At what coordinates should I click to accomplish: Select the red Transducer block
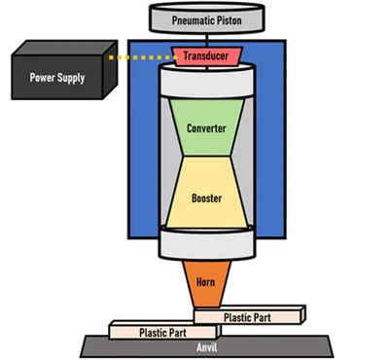pyautogui.click(x=206, y=56)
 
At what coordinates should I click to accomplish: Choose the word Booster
pyautogui.click(x=206, y=198)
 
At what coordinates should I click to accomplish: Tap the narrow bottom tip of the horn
pyautogui.click(x=206, y=304)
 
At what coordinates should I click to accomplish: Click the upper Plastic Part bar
pyautogui.click(x=250, y=316)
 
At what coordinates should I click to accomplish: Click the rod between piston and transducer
pyautogui.click(x=206, y=38)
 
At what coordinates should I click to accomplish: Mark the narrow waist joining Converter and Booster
pyautogui.click(x=206, y=161)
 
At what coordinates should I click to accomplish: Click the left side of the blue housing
pyautogui.click(x=140, y=146)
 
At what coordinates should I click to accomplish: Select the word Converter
pyautogui.click(x=206, y=126)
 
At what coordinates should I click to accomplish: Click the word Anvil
pyautogui.click(x=206, y=346)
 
